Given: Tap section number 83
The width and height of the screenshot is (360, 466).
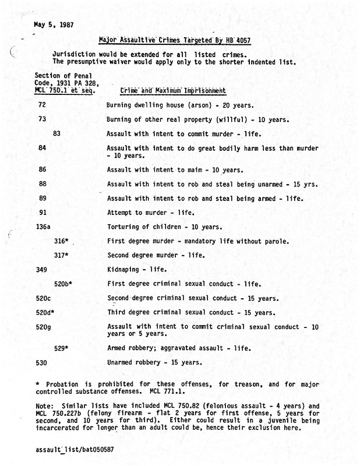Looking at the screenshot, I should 57,133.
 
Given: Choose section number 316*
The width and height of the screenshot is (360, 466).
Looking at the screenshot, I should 61,241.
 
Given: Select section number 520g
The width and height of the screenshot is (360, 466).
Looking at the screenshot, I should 44,327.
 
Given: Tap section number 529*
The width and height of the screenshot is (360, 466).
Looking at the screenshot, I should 61,348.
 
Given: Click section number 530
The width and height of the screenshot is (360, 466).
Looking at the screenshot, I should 41,362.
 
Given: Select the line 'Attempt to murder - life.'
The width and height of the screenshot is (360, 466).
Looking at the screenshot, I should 151,212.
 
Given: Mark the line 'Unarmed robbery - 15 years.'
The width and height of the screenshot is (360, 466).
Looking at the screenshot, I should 154,362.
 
